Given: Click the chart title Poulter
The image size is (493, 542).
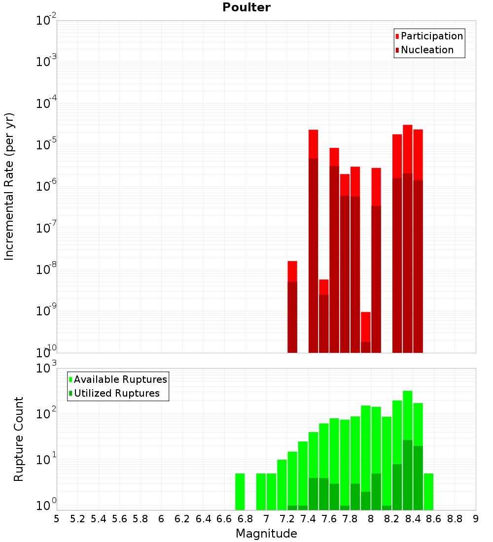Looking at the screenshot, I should coord(246,7).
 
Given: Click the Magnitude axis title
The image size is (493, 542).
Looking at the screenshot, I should coord(266,534).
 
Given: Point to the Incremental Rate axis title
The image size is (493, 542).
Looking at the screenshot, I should coord(9,187).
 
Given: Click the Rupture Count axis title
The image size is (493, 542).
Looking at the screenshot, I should coord(19,439).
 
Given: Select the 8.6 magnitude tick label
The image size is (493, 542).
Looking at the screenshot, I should coord(434,519).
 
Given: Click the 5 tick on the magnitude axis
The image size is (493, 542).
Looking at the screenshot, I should coord(57,519).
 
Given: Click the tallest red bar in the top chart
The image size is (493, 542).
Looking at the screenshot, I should coord(408,148).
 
